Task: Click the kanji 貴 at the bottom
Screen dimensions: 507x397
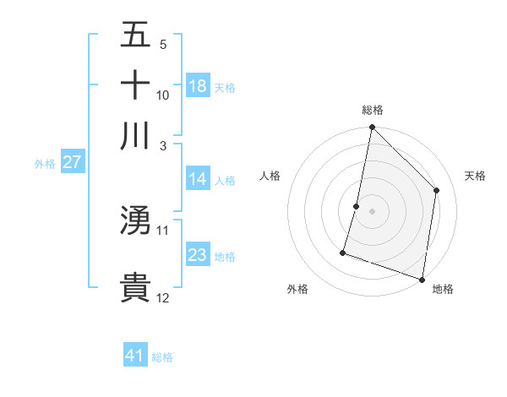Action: pos(135,287)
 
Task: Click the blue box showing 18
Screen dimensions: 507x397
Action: pos(198,86)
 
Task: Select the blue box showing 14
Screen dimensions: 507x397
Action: pos(198,179)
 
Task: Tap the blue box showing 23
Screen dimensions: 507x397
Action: pos(198,255)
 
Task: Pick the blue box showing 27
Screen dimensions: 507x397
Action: pos(72,163)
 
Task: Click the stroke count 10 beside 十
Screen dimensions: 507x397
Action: pos(163,95)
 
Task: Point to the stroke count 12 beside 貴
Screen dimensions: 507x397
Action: pos(163,297)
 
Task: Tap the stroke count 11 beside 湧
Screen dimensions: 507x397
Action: pos(163,230)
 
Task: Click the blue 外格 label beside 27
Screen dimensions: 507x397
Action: pos(44,164)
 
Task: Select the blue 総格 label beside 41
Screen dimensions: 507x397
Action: pos(162,357)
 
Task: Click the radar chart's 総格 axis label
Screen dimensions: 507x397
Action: pos(373,111)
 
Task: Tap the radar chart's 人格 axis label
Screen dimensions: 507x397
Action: pos(270,176)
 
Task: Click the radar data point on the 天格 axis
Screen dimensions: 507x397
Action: pos(437,190)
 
